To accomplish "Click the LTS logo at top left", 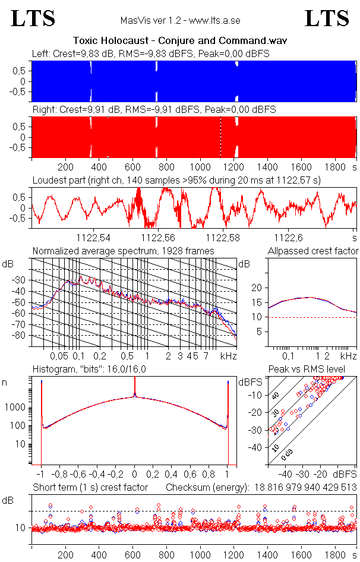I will click(x=33, y=18).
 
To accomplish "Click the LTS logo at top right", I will click(x=327, y=18).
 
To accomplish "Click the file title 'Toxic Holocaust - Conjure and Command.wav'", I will click(x=180, y=41).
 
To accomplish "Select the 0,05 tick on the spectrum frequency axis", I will click(x=59, y=356).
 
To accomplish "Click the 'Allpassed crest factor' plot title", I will click(x=313, y=251).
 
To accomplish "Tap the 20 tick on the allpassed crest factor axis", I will click(x=257, y=288).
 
